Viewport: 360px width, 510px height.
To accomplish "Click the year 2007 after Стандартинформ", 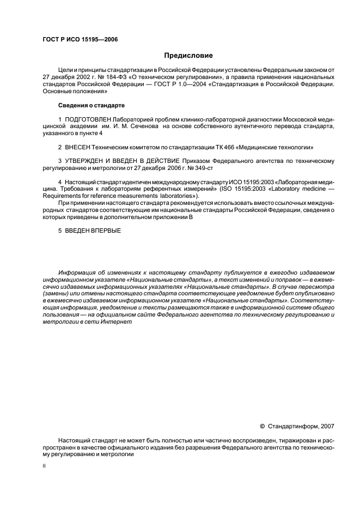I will [327, 426].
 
